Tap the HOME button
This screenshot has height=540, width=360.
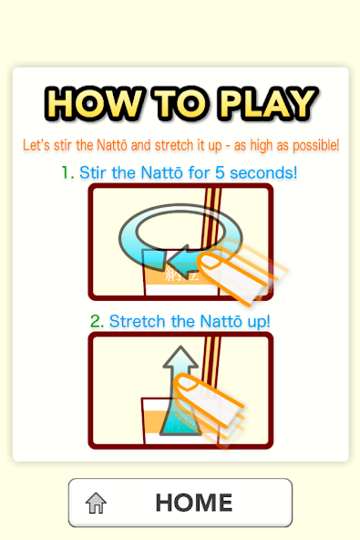(180, 503)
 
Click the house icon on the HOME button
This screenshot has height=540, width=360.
(96, 504)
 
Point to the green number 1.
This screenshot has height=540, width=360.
(67, 171)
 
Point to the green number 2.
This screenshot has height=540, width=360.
(97, 321)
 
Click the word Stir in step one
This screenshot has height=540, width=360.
(95, 171)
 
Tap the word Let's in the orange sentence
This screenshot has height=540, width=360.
(34, 145)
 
